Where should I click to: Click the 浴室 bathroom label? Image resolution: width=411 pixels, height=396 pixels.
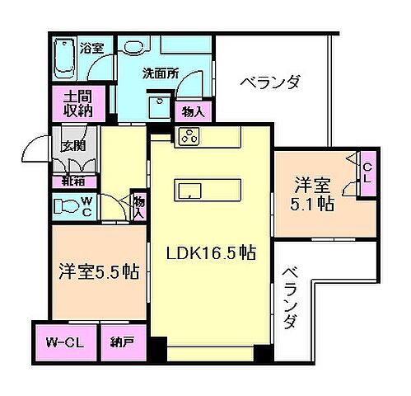[x=91, y=47]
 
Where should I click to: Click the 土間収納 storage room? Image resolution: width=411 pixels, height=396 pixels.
[x=72, y=102]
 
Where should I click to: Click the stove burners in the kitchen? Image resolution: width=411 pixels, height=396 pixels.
[x=188, y=135]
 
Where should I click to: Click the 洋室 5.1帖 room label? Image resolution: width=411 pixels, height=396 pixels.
[x=315, y=193]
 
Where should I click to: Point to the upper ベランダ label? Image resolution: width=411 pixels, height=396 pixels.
[x=270, y=82]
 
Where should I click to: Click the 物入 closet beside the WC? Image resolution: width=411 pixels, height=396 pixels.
[x=138, y=205]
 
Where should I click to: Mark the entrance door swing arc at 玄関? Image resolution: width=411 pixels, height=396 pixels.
[x=35, y=148]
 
